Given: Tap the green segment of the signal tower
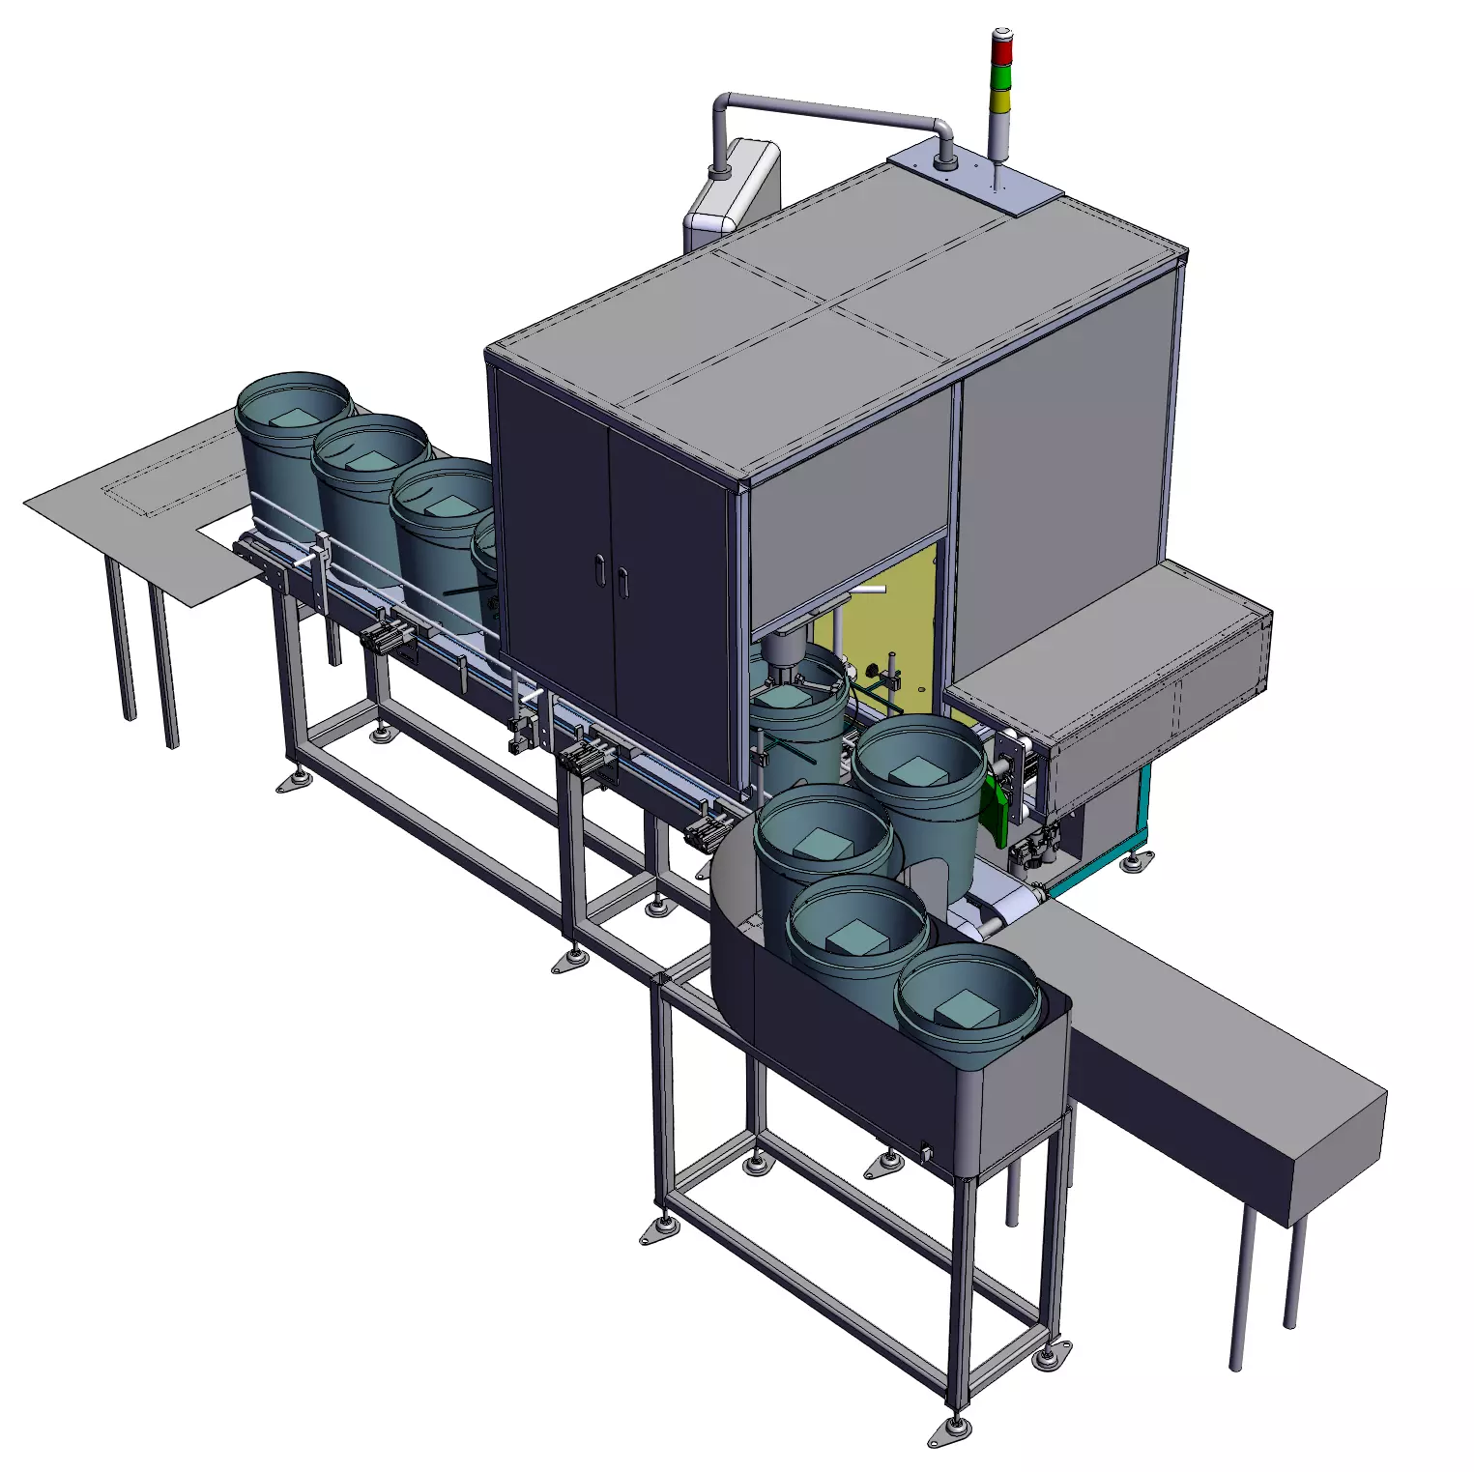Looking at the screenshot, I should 1001,75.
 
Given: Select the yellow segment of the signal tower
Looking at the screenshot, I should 1000,101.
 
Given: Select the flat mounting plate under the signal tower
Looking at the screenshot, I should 976,179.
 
